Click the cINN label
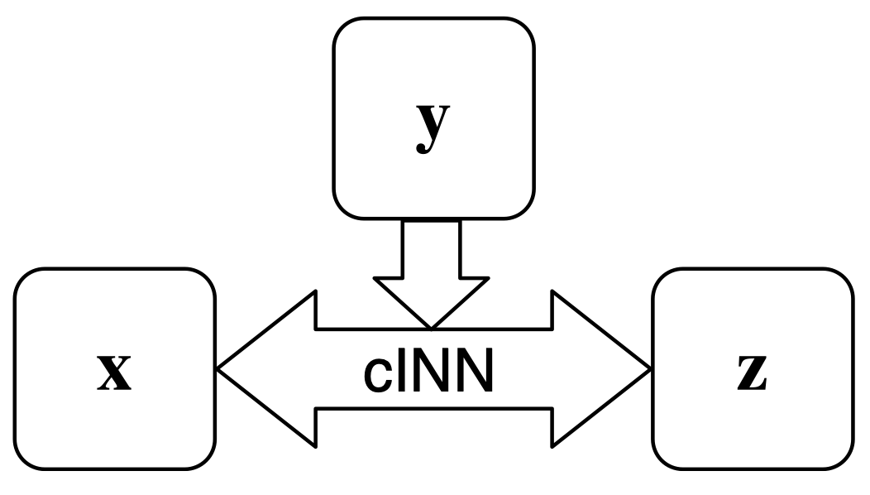pyautogui.click(x=428, y=374)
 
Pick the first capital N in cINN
pyautogui.click(x=428, y=373)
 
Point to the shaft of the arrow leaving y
pyautogui.click(x=430, y=248)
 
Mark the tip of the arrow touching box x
pyautogui.click(x=219, y=368)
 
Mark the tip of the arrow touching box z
pyautogui.click(x=648, y=368)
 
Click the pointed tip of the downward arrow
pyautogui.click(x=430, y=325)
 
